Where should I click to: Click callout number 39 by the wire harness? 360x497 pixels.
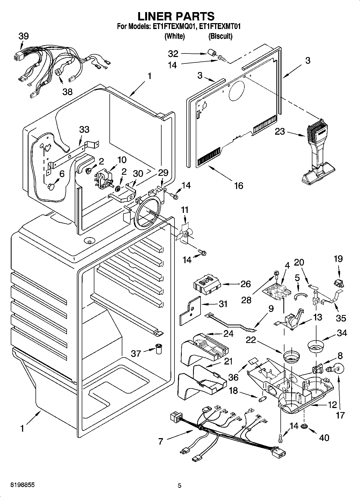[24, 36]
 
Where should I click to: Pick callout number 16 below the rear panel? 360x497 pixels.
[238, 185]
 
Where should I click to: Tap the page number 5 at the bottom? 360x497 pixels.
[180, 485]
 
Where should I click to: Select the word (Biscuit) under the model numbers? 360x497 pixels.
[220, 36]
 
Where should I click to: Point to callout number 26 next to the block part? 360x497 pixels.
[245, 284]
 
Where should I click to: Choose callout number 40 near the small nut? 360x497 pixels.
[324, 438]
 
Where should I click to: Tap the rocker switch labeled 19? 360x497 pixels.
[338, 282]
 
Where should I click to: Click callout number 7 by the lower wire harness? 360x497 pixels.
[161, 441]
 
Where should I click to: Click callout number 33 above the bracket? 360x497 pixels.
[84, 129]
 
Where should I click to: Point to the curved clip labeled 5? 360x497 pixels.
[300, 295]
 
